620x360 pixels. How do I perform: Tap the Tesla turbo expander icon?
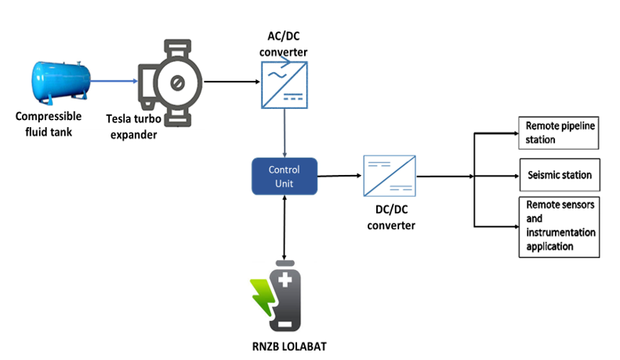(168, 82)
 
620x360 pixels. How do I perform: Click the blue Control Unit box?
(284, 176)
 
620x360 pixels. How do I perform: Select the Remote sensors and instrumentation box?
(560, 227)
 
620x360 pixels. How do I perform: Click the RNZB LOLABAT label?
(283, 348)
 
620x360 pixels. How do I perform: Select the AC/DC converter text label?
(285, 45)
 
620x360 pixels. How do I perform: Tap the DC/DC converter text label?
(390, 218)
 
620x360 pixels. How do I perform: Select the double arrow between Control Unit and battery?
(284, 227)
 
